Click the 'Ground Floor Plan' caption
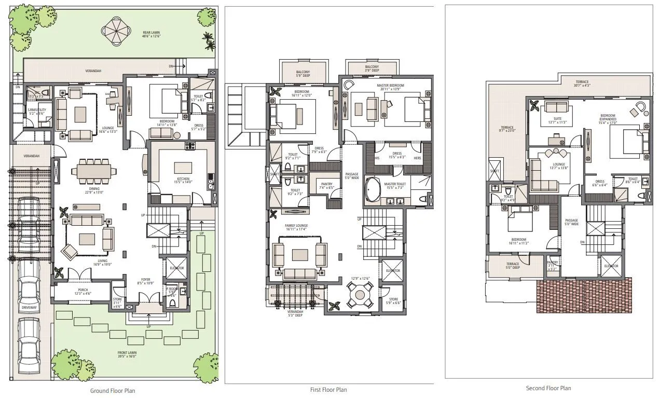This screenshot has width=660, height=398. (x=113, y=391)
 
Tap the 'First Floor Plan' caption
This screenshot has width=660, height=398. (x=329, y=390)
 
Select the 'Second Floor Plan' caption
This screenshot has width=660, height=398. (x=548, y=388)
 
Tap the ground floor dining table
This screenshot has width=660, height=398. (x=94, y=170)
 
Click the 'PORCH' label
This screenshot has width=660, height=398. (x=83, y=290)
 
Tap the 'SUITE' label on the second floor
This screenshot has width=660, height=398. (x=557, y=118)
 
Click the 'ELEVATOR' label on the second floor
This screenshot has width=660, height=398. (x=611, y=266)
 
